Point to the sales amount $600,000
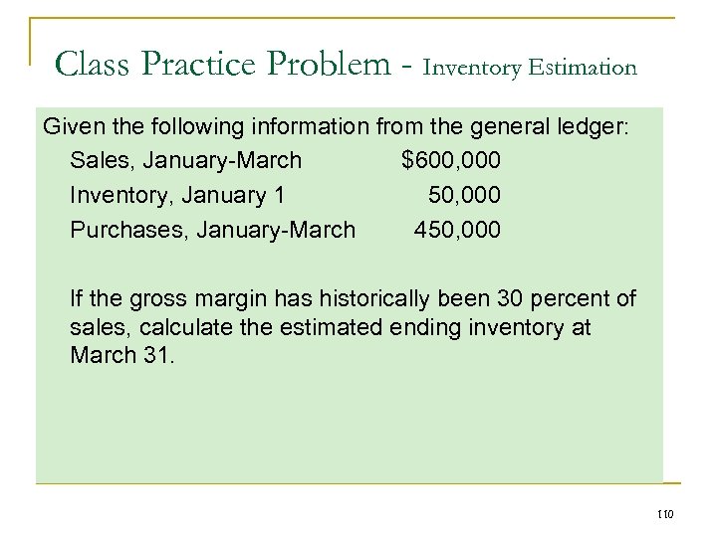coord(450,160)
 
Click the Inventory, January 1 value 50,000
coord(464,195)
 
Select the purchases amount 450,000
coord(457,230)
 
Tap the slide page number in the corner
coord(666,513)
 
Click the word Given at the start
coord(73,126)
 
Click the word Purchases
coord(129,230)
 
